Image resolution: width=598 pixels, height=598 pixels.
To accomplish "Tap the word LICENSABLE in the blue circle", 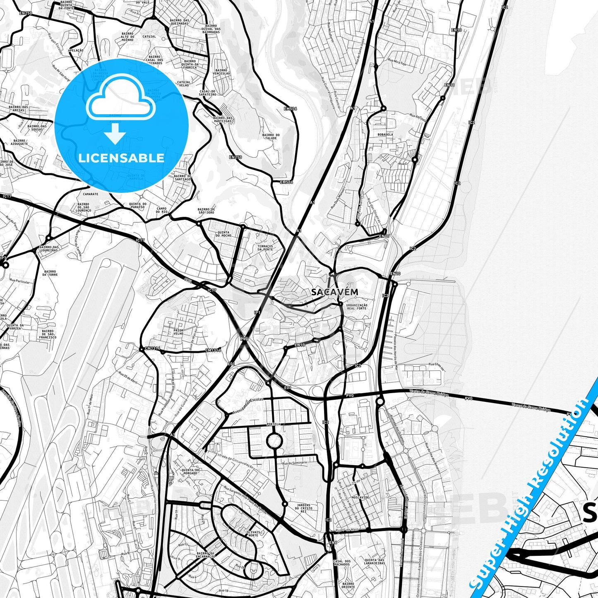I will (121, 158).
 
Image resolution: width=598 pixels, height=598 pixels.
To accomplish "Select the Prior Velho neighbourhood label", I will (178, 331).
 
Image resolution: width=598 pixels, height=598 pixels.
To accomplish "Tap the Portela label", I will (274, 424).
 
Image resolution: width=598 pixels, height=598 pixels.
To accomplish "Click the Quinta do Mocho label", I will (223, 235).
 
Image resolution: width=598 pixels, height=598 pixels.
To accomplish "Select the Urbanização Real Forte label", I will (357, 306).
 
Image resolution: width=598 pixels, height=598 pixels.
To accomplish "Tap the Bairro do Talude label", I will (271, 137).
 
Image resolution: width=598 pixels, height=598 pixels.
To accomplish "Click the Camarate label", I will (90, 194).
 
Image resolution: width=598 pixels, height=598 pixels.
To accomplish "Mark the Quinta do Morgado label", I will (190, 472).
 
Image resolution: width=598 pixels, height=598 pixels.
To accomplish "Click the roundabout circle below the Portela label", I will (274, 441).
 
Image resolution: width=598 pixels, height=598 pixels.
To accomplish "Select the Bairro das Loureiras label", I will (49, 249).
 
